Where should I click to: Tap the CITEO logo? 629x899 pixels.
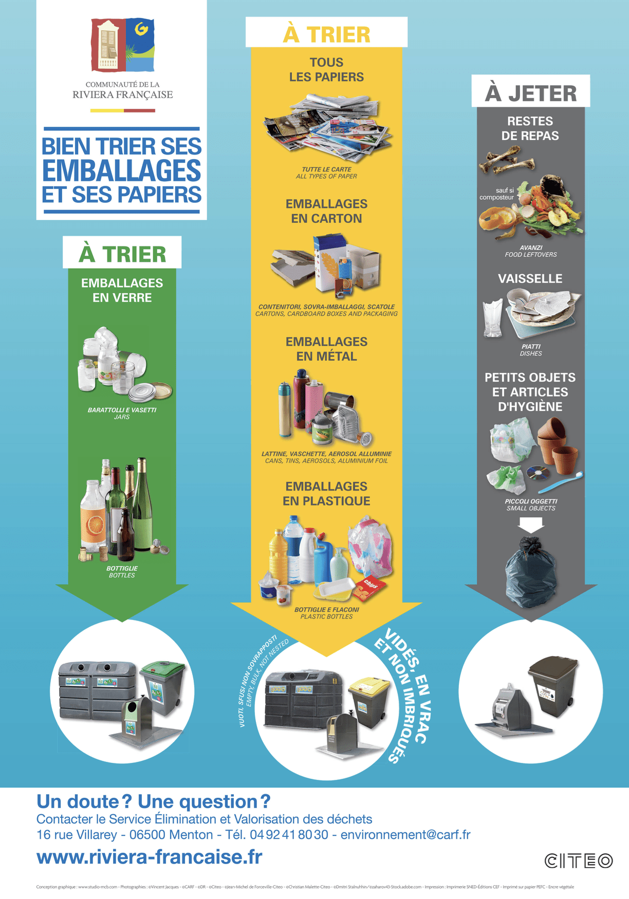(579, 860)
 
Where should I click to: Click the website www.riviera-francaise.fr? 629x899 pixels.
(149, 857)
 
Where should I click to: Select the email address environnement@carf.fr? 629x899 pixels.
(405, 834)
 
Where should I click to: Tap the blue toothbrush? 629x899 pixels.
(561, 482)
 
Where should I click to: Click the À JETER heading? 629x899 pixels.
(531, 93)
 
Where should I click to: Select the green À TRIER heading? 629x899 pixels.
(122, 254)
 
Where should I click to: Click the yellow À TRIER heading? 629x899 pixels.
(326, 34)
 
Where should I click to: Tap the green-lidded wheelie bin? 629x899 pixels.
(163, 688)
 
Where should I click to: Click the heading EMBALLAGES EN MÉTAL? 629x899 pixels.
(326, 349)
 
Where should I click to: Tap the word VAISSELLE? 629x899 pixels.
(530, 278)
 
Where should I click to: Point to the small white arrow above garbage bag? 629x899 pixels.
(531, 525)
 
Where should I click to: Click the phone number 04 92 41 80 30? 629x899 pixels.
(289, 834)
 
